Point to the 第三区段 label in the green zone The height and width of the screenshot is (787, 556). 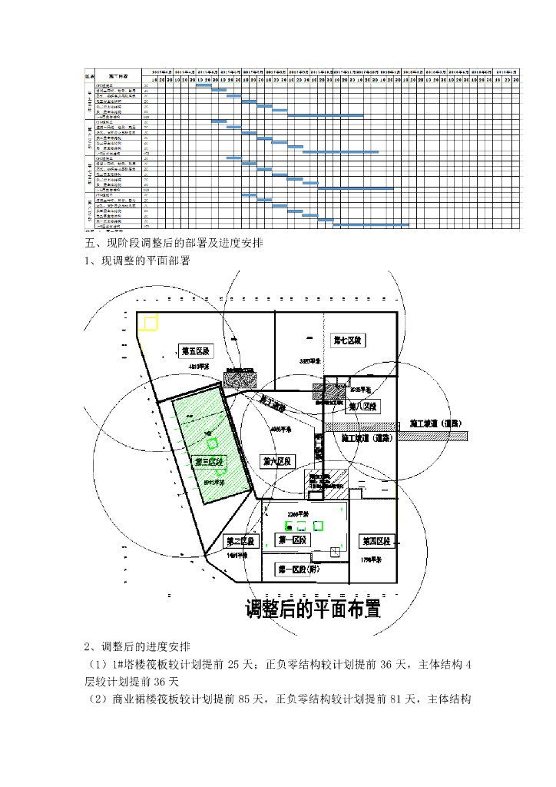[208, 461]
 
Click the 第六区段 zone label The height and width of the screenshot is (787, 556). [277, 461]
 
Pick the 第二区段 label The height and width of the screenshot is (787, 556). [240, 541]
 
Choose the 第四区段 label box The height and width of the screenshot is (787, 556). [376, 541]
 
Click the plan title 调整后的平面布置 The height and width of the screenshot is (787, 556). [313, 609]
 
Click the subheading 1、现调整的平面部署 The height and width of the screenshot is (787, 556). [137, 261]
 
